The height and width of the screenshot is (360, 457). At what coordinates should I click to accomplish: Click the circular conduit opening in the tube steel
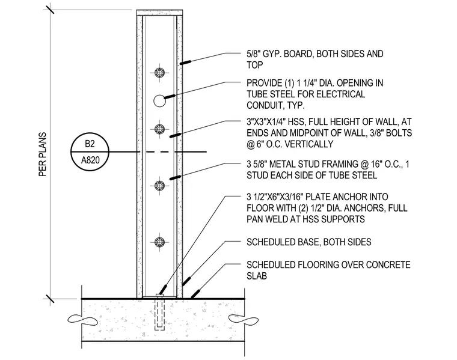[159, 101]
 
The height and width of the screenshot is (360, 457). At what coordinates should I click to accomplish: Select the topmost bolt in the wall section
[159, 73]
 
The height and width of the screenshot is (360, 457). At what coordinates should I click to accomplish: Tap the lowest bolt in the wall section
[159, 242]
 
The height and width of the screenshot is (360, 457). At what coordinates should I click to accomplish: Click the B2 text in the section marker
[90, 144]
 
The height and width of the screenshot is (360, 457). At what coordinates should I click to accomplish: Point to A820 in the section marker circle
[90, 160]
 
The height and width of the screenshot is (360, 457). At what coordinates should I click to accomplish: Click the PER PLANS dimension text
[43, 154]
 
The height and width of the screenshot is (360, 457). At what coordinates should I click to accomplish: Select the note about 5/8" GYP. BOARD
[314, 59]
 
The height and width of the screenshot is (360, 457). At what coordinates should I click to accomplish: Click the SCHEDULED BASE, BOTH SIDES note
[309, 242]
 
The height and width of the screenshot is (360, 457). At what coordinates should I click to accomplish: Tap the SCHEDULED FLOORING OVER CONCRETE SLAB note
[328, 270]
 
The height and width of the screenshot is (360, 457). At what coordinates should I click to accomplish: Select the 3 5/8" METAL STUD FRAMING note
[328, 169]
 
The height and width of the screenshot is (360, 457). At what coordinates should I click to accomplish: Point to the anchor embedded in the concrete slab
[159, 313]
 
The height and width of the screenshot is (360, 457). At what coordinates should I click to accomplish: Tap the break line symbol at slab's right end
[244, 319]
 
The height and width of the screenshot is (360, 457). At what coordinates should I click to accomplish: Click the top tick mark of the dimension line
[49, 10]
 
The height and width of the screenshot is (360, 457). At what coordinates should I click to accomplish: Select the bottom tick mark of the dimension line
[49, 299]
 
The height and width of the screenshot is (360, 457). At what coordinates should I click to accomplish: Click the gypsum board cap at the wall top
[160, 13]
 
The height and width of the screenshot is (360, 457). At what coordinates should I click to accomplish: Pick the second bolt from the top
[159, 129]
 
